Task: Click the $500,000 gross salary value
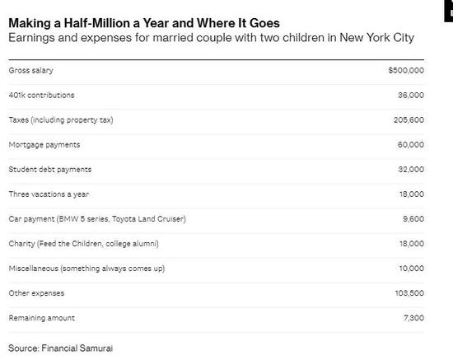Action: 406,71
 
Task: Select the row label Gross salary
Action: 30,71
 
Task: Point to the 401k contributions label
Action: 41,96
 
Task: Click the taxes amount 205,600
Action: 408,120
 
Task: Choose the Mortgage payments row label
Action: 44,145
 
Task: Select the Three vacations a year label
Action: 48,194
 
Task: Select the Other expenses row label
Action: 36,293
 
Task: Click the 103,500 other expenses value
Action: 408,293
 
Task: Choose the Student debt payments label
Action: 49,170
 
